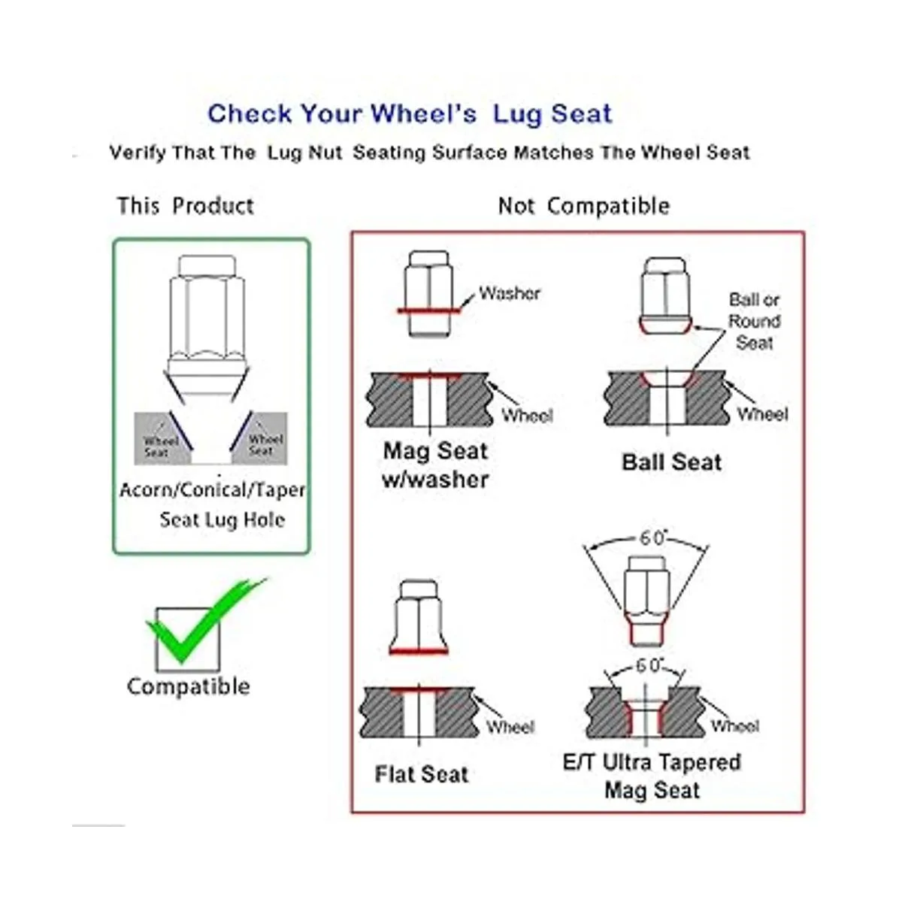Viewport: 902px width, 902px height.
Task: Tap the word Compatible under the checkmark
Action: (188, 688)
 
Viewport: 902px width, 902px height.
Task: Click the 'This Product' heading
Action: (186, 206)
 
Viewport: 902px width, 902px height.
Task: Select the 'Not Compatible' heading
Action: (584, 206)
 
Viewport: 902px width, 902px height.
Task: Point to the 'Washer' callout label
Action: (510, 293)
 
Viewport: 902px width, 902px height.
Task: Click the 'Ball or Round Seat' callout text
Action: (754, 321)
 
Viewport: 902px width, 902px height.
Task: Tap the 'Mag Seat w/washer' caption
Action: (435, 465)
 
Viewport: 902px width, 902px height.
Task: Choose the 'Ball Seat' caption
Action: (671, 462)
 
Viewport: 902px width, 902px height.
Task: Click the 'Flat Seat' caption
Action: (421, 774)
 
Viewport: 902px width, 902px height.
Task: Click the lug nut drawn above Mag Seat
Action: (428, 294)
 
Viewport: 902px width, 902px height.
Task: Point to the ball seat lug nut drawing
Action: (664, 295)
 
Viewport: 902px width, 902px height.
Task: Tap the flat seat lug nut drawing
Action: (419, 617)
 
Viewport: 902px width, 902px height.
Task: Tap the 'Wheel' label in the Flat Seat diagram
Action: (510, 727)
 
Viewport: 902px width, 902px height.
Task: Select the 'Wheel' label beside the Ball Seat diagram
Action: (762, 413)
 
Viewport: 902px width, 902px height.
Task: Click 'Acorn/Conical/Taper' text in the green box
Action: (212, 490)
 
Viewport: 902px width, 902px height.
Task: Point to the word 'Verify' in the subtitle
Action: (137, 153)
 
